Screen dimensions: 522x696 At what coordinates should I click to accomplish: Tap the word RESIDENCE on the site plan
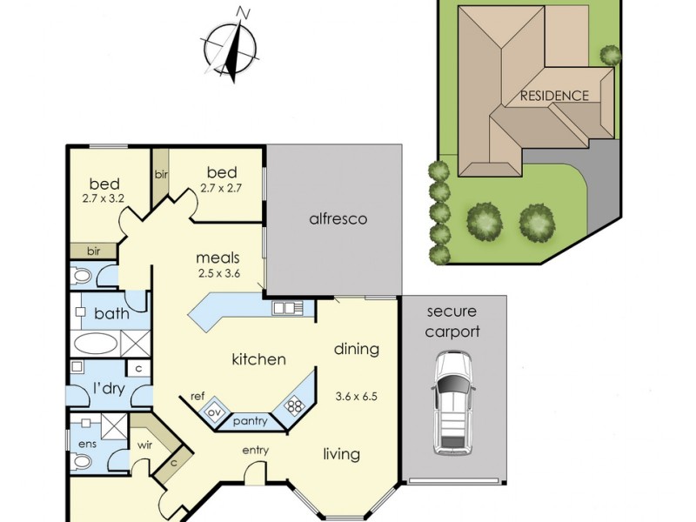[554, 96]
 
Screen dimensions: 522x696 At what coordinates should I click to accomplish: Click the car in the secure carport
[452, 402]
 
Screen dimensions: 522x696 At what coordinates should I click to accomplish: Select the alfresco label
[338, 219]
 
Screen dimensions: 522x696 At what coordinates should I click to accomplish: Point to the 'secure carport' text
[452, 321]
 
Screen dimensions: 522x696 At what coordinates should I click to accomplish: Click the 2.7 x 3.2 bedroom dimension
[104, 198]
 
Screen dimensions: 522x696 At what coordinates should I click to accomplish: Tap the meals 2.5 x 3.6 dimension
[218, 273]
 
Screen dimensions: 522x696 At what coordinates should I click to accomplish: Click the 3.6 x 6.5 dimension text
[358, 397]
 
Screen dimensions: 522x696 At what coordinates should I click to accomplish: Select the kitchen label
[258, 358]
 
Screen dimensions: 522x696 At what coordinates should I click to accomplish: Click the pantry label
[249, 422]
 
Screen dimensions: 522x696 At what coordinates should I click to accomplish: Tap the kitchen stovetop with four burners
[292, 405]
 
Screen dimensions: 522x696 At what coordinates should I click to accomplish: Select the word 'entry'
[256, 450]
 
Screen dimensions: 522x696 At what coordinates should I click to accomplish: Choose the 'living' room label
[342, 454]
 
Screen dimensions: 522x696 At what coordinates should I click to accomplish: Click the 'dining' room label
[357, 349]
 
